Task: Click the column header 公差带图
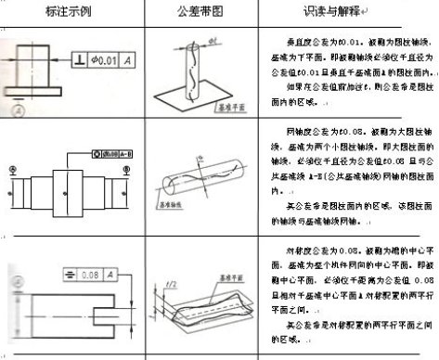[x=198, y=11]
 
